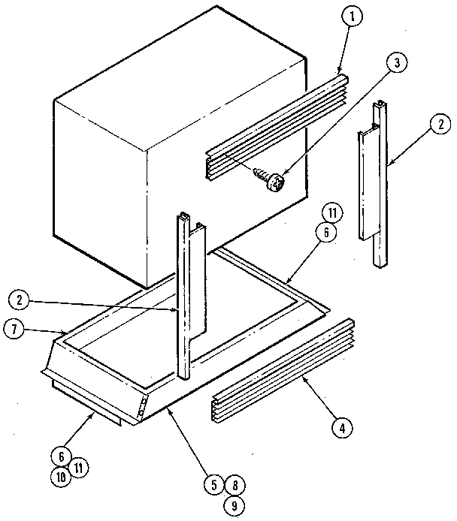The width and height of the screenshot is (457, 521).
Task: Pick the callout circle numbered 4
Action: tap(343, 429)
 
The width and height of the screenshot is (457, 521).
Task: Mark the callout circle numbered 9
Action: tap(233, 505)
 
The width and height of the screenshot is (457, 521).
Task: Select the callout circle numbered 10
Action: tap(61, 475)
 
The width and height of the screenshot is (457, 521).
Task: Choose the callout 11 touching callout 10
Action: tap(79, 466)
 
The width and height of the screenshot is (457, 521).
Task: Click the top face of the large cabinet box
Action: tap(180, 71)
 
